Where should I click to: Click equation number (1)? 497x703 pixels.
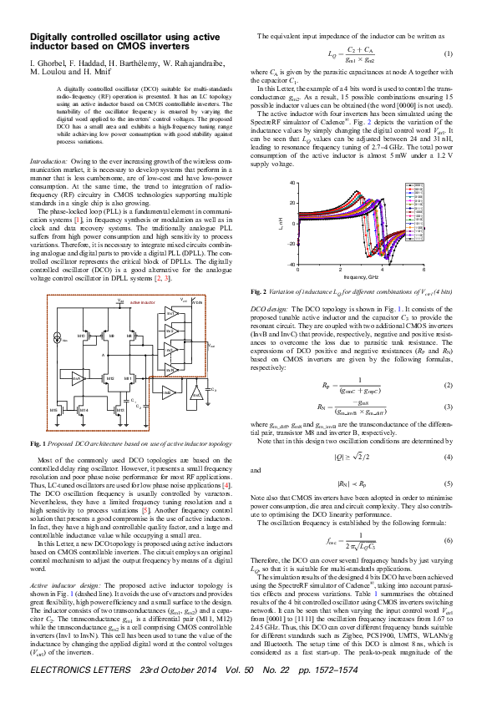tap(448, 54)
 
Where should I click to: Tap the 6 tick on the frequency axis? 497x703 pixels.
tap(424, 271)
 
